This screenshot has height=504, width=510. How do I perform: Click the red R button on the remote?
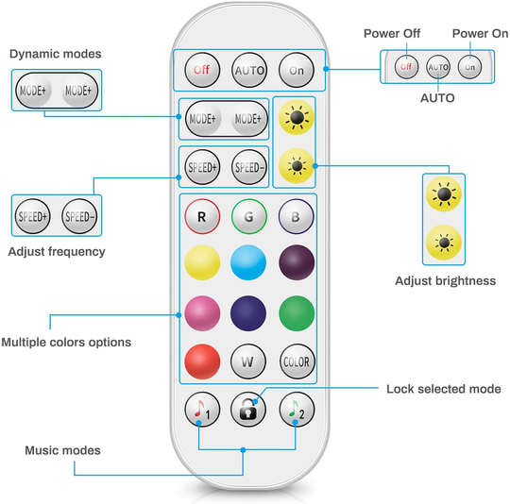[201, 216]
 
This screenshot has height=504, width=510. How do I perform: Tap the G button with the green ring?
[248, 216]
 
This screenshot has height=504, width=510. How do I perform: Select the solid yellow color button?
[201, 262]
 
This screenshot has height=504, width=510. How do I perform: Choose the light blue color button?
[248, 262]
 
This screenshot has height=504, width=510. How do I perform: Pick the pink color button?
[201, 311]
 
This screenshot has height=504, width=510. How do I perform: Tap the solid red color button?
[201, 361]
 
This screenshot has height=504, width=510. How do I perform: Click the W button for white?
[248, 361]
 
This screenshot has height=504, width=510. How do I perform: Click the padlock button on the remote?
[248, 409]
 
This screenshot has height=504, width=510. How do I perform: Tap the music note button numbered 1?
[200, 409]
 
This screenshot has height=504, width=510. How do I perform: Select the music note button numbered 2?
[296, 409]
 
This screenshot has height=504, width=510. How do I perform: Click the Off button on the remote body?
[201, 70]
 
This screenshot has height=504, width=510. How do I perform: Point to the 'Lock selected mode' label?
[443, 389]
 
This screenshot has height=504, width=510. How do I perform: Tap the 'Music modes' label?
[62, 451]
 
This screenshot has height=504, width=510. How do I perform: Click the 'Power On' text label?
[479, 34]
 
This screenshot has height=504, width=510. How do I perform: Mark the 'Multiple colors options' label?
[66, 342]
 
